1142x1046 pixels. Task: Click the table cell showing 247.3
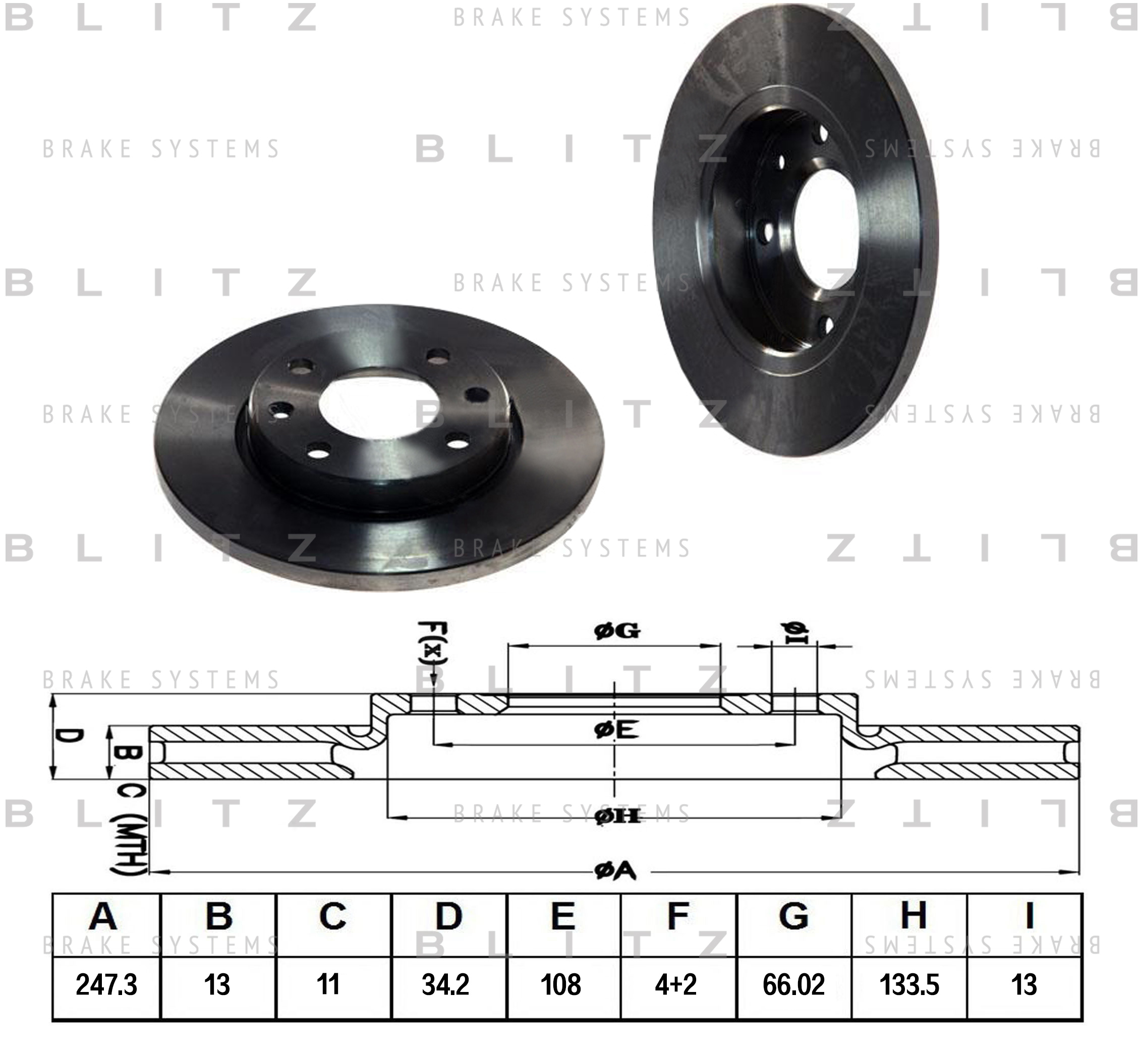[106, 985]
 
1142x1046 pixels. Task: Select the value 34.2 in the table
[445, 985]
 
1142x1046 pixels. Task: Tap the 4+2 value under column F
[676, 985]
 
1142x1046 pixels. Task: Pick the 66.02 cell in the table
[793, 985]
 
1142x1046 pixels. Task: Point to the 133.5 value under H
[909, 985]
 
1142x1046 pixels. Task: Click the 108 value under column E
[561, 985]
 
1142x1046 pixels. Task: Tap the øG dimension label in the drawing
[617, 631]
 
